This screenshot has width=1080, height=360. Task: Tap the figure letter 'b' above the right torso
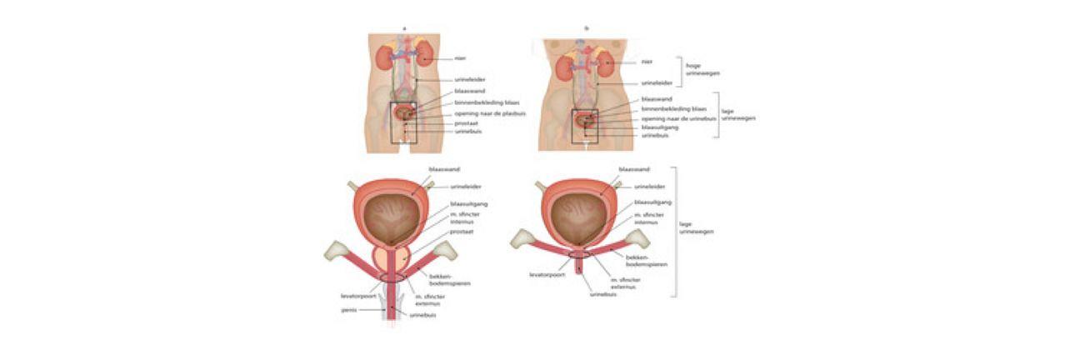tap(587, 29)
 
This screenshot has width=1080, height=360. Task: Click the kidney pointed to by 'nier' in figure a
tap(425, 57)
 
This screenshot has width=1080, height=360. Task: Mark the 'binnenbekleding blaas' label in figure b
tap(674, 109)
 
